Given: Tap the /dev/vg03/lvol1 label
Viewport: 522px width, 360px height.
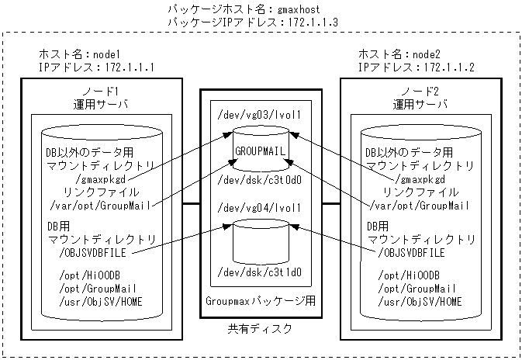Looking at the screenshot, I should [x=261, y=114].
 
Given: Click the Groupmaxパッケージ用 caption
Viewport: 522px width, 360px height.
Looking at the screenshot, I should [x=261, y=299].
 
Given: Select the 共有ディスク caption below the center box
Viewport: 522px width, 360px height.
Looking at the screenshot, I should [x=261, y=329].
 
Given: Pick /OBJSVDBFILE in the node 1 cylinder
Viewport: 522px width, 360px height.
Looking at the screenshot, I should [x=92, y=252].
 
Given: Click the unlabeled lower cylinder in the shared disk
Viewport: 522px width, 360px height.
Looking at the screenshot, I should [x=261, y=242].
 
